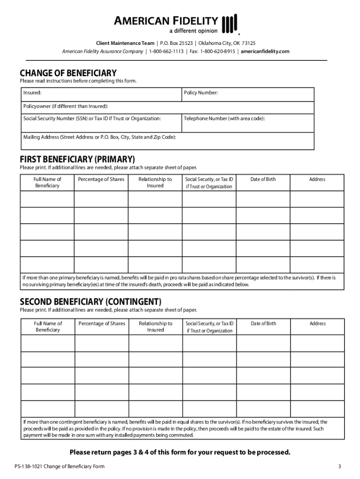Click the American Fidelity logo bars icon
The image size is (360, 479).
230,23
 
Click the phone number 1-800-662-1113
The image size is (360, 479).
166,51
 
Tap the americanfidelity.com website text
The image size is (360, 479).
266,51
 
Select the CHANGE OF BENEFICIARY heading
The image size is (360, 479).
68,73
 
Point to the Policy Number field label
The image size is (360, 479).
201,93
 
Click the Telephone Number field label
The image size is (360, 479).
224,119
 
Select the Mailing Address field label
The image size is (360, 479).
100,138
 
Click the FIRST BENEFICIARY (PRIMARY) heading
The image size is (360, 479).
77,159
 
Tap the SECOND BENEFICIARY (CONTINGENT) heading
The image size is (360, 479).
91,301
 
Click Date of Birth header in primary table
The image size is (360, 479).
263,180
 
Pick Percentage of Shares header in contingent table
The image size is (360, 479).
101,324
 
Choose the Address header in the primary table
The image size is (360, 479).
317,180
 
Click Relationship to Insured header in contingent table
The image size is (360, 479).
155,327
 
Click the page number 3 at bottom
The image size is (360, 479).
339,467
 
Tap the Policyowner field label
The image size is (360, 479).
65,106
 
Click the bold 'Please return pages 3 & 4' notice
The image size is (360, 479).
180,452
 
